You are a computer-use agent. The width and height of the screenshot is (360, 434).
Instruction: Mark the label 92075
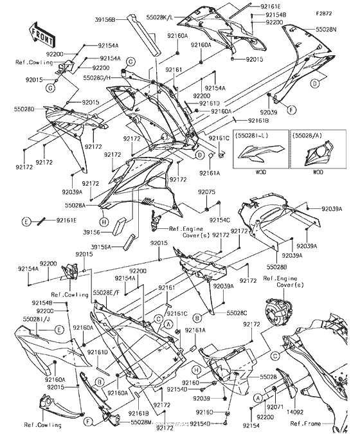click(206, 192)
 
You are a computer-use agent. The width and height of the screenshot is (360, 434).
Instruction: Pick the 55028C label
click(218, 312)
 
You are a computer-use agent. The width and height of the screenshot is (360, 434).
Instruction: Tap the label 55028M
click(142, 422)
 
